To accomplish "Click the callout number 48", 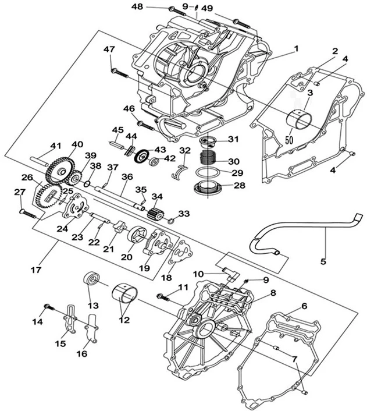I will point(137,6).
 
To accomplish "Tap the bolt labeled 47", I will point(120,72).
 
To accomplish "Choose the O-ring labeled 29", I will point(206,173).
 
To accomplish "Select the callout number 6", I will point(304,306).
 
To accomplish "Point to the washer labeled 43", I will point(140,157).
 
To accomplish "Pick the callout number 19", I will point(143,268).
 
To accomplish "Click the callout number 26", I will point(27,178).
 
